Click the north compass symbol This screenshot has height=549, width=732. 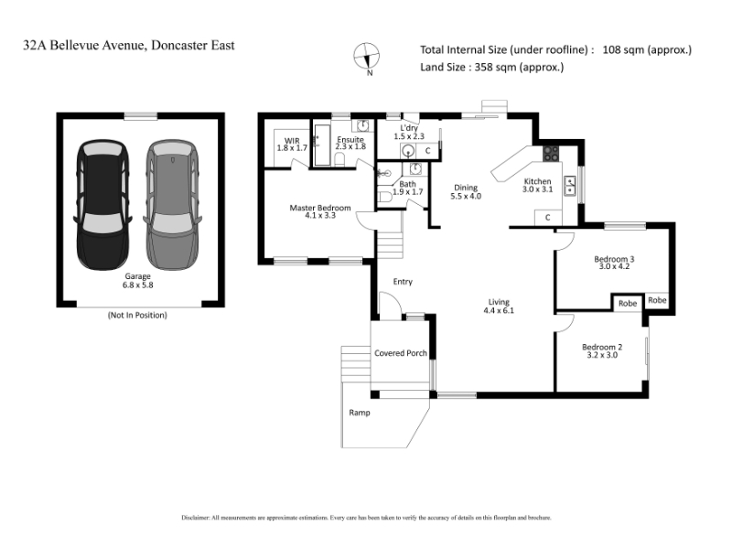(367, 57)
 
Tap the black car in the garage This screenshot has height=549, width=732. (103, 205)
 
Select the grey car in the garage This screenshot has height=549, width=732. (172, 205)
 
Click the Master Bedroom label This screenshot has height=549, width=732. (319, 208)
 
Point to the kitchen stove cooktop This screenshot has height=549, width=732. (551, 154)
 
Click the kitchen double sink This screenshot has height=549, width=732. (570, 186)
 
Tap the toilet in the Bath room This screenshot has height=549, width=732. (385, 198)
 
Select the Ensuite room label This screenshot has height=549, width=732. (350, 140)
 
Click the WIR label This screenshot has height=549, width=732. (292, 141)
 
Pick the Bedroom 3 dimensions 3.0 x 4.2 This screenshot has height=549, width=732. (614, 266)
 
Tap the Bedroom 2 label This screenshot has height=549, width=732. (602, 348)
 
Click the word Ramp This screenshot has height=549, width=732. (360, 413)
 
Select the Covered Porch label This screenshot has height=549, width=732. (401, 353)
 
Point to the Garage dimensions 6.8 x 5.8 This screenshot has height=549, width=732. (138, 285)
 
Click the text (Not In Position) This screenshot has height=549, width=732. (137, 315)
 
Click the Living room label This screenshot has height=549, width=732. (499, 302)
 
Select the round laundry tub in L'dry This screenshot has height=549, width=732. (408, 151)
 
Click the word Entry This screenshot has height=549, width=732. (403, 282)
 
